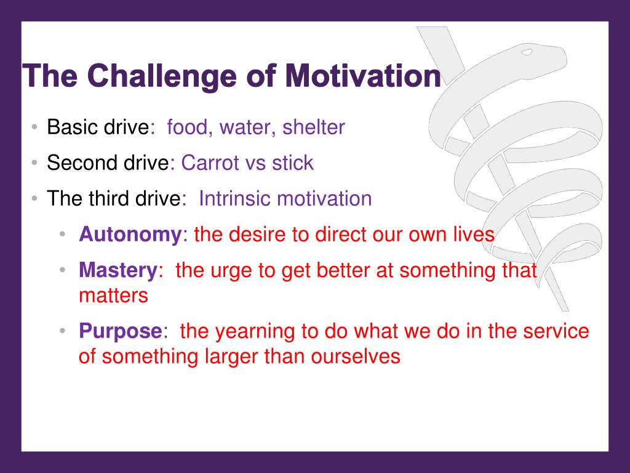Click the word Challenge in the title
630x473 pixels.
point(162,76)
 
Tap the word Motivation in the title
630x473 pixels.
point(363,75)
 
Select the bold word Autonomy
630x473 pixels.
point(130,235)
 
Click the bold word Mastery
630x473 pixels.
point(118,270)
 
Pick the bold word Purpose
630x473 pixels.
point(121,331)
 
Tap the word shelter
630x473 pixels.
point(313,127)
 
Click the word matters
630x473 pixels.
point(113,296)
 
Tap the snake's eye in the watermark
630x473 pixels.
point(527,52)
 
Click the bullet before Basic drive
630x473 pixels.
point(34,127)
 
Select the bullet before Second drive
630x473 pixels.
point(34,163)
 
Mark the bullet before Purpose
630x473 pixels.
point(62,331)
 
